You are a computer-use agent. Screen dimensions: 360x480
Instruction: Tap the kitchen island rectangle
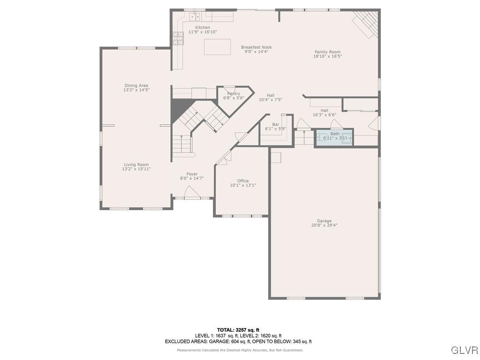pos(217,47)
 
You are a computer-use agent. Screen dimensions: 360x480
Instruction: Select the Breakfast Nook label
pos(256,47)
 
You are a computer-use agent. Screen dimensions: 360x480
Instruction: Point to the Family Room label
pos(327,52)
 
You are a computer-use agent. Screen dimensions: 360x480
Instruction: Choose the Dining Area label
pos(136,86)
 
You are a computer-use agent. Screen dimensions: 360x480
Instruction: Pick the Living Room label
pos(136,165)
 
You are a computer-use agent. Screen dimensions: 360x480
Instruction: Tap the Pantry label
pos(233,94)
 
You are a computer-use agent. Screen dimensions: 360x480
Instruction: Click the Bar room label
pos(276,124)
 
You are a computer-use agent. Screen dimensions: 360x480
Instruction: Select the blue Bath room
pos(334,138)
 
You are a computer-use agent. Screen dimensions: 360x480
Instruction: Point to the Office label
pos(243,181)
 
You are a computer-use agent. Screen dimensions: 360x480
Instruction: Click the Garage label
pos(324,221)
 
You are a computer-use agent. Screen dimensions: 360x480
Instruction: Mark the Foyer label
pos(192,174)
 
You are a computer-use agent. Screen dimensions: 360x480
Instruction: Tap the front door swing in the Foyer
pos(192,193)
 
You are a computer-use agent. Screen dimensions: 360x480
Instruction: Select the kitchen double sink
pos(195,17)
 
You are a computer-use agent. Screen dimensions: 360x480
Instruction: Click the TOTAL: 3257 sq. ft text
pos(238,330)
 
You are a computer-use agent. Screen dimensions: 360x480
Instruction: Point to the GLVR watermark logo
pos(464,350)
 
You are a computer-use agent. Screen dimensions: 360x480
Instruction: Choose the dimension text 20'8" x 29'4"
pos(324,225)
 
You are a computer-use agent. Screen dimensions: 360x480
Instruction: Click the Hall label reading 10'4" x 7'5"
pos(270,95)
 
